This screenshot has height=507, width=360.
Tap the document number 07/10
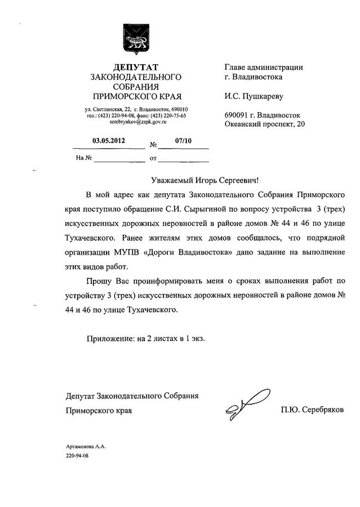pyautogui.click(x=184, y=142)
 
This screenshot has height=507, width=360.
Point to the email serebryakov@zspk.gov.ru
pyautogui.click(x=136, y=122)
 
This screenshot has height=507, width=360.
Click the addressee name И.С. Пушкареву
pyautogui.click(x=252, y=96)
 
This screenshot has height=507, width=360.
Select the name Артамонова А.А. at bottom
pyautogui.click(x=86, y=446)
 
